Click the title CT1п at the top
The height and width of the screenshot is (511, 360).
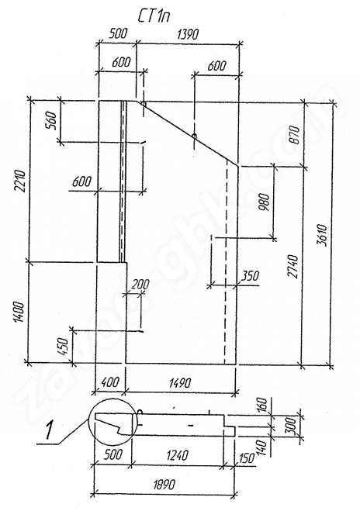pyautogui.click(x=154, y=16)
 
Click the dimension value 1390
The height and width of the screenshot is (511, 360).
pyautogui.click(x=187, y=34)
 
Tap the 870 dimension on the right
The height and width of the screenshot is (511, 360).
pyautogui.click(x=295, y=135)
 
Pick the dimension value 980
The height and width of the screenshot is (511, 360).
pyautogui.click(x=264, y=202)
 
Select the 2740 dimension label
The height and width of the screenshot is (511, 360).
pyautogui.click(x=293, y=266)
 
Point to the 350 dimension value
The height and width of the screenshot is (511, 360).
pyautogui.click(x=250, y=276)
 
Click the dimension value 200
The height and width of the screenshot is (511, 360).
pyautogui.click(x=140, y=284)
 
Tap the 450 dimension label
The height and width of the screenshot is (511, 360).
pyautogui.click(x=63, y=347)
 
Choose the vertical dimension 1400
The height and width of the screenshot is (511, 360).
pyautogui.click(x=19, y=312)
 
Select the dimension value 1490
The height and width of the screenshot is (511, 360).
pyautogui.click(x=180, y=382)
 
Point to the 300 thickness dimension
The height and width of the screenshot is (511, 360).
pyautogui.click(x=292, y=425)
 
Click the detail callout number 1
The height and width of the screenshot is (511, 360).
pyautogui.click(x=50, y=430)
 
